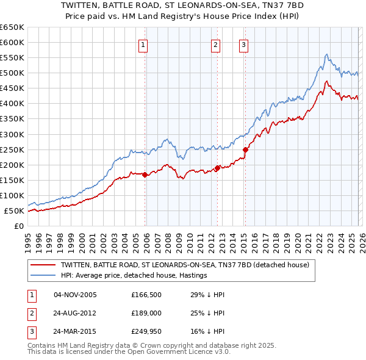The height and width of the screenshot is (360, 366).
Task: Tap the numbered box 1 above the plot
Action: tap(143, 44)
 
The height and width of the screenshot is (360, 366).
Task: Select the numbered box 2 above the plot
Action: tap(216, 44)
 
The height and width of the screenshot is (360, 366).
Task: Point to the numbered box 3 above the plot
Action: tap(243, 44)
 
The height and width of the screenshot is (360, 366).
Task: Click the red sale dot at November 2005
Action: tap(145, 175)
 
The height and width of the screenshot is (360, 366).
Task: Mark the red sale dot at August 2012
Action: tap(217, 168)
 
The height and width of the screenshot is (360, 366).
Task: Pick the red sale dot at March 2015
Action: tap(245, 149)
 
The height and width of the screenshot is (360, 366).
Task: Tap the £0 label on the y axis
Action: tap(19, 226)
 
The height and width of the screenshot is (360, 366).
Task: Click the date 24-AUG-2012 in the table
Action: tap(75, 312)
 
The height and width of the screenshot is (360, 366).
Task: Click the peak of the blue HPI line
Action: tap(327, 54)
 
